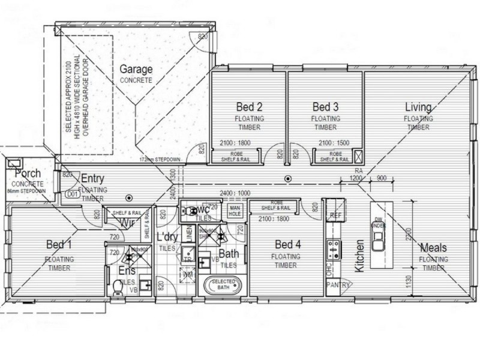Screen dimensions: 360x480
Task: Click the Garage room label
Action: pos(135,69)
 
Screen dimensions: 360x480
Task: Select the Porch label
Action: pos(28,174)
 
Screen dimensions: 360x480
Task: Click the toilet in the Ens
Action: pos(118,288)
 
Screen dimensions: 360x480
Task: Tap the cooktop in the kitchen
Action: pos(333,248)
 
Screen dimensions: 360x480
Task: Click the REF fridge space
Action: pos(334,215)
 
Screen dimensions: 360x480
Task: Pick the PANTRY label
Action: pos(337,286)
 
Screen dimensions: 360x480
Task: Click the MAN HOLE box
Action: pos(235,211)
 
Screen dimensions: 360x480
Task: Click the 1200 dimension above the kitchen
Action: pos(356,179)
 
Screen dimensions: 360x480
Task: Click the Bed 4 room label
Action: pos(287,245)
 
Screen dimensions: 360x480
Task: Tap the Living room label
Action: pos(418,107)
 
